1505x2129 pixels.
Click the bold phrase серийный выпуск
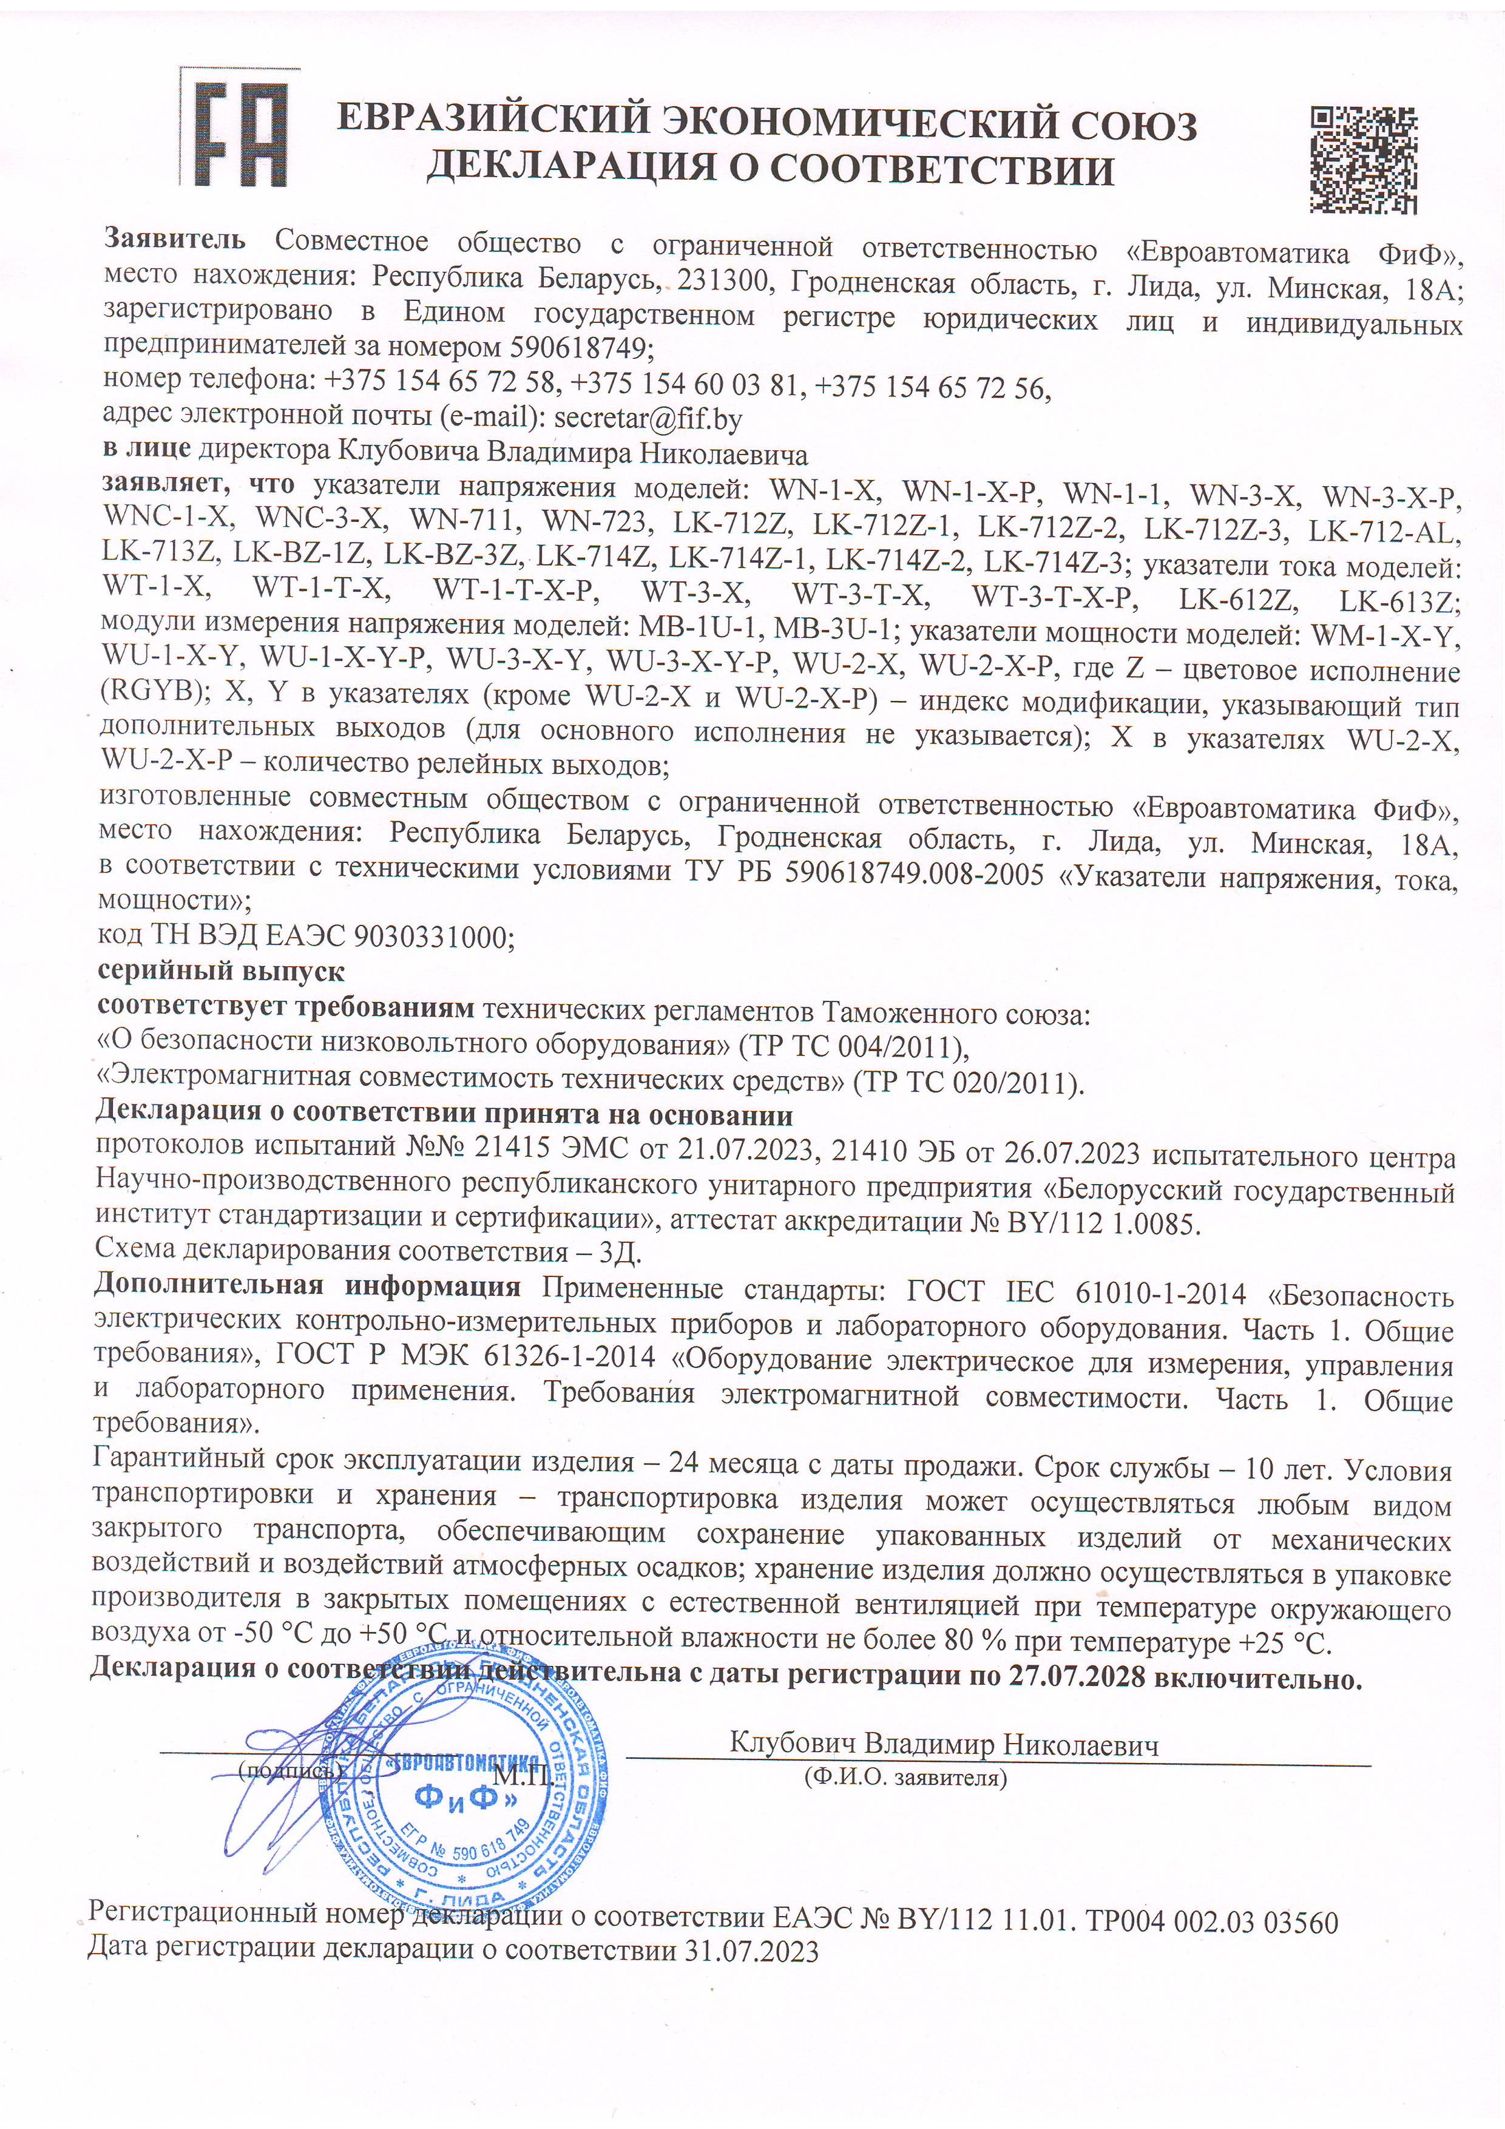click(221, 973)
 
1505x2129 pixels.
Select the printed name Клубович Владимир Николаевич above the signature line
click(944, 1744)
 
